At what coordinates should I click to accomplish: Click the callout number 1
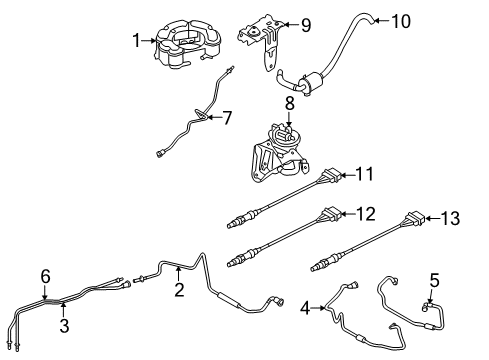[136, 41]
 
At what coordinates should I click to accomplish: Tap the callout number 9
[306, 25]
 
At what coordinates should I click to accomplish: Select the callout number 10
[401, 21]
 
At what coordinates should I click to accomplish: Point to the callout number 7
[227, 118]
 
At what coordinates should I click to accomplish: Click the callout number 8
[290, 104]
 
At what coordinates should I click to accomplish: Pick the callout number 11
[364, 174]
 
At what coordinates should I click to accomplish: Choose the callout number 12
[366, 214]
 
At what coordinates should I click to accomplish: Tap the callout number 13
[451, 218]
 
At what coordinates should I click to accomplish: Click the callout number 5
[434, 280]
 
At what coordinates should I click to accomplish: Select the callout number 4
[305, 308]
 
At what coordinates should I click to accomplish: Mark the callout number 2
[179, 290]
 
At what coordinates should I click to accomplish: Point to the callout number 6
[45, 276]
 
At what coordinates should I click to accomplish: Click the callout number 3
[64, 325]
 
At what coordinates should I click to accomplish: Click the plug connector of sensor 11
[331, 175]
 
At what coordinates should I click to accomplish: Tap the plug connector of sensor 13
[415, 218]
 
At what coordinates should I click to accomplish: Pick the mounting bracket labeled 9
[262, 39]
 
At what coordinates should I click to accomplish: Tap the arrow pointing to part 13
[433, 219]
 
